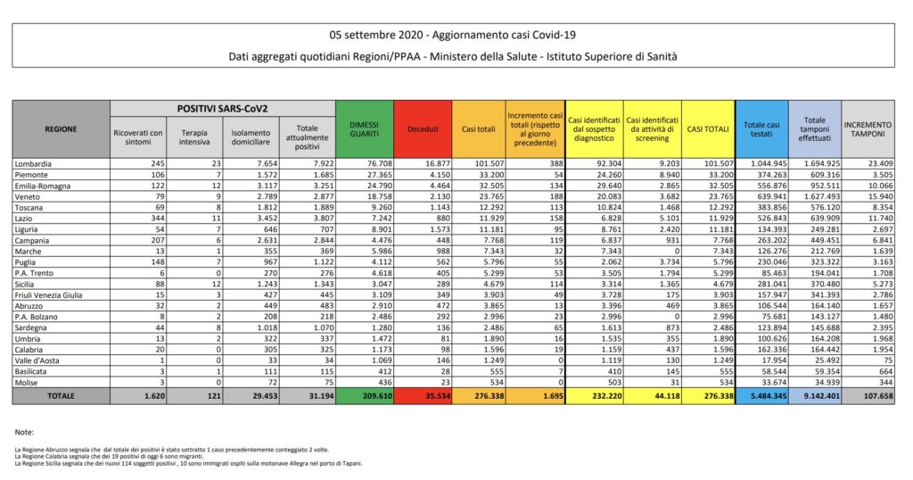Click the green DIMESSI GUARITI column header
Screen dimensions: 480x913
(364, 129)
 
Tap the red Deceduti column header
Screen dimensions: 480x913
(423, 129)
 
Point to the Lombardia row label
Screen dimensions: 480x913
(34, 164)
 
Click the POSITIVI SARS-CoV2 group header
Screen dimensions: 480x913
(222, 108)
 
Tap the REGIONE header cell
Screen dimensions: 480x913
(61, 129)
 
